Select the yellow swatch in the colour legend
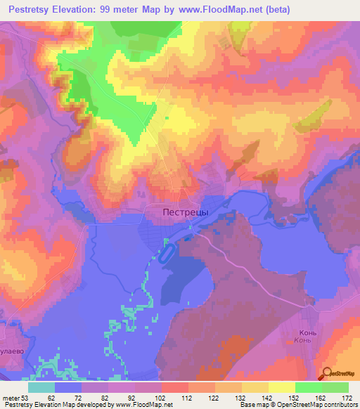281,387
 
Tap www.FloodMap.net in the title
218,10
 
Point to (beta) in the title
274,10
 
